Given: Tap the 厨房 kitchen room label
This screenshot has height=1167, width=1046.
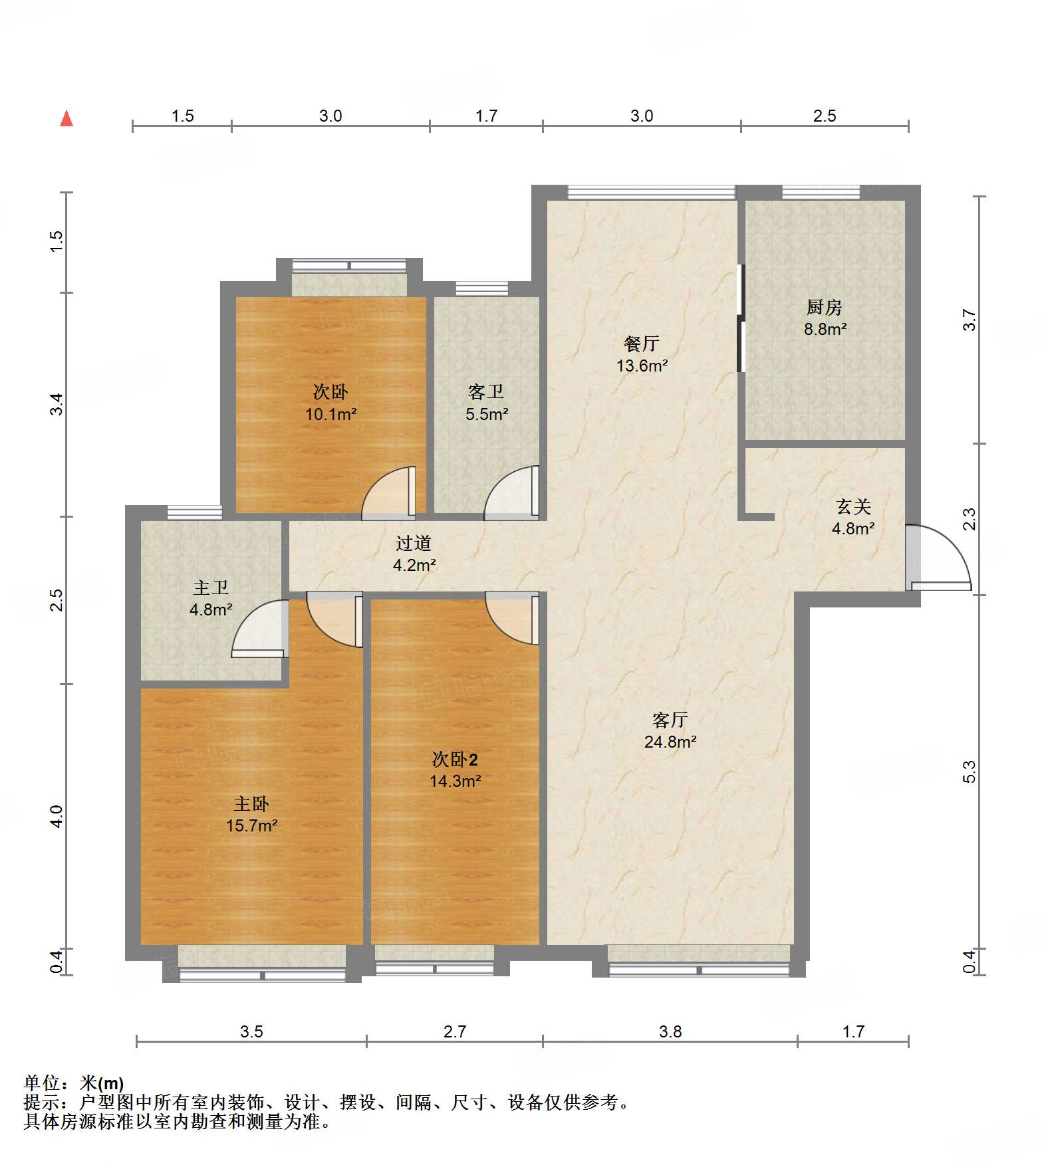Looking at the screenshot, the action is click(x=824, y=307).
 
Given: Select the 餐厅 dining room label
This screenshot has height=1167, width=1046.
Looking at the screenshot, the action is click(x=641, y=344).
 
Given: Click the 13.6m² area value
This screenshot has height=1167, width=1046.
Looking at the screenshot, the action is click(x=642, y=366).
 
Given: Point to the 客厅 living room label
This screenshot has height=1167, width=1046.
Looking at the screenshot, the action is click(x=670, y=720).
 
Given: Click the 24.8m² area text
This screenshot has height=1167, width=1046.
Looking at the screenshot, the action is click(x=670, y=742).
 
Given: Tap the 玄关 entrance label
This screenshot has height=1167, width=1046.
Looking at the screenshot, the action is click(x=853, y=506).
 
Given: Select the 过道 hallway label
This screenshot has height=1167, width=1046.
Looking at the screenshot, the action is click(x=413, y=543).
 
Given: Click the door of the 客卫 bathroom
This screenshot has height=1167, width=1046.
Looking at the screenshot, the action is click(x=512, y=492).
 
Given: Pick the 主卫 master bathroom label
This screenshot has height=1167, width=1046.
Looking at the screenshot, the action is click(x=210, y=587).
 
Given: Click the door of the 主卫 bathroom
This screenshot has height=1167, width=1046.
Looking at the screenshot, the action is click(x=260, y=628).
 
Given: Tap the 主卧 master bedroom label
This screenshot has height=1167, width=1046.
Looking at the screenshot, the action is click(x=251, y=803).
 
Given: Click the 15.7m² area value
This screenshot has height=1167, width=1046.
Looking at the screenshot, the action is click(x=251, y=825).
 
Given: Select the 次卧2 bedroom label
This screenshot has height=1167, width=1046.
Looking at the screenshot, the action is click(x=455, y=759).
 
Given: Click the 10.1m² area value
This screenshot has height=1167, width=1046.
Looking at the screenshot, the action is click(x=330, y=414).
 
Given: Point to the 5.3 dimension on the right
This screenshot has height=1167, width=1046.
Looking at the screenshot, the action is click(x=969, y=772).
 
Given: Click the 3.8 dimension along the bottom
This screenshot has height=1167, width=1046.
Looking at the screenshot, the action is click(x=670, y=1031).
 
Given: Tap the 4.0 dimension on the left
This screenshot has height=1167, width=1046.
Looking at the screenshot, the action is click(x=57, y=816).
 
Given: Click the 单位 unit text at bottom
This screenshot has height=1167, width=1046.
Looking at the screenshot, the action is click(x=42, y=1083).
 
